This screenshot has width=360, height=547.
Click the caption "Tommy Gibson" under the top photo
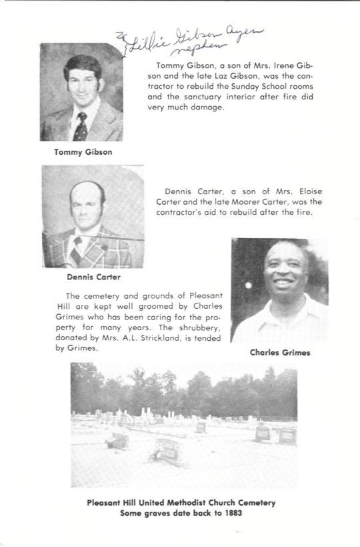(83, 151)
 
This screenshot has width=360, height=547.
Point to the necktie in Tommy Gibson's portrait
(81, 125)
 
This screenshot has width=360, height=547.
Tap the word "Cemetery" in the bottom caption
(251, 502)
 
